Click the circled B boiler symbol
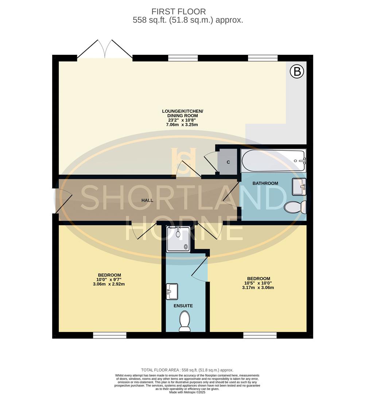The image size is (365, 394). [x=297, y=72]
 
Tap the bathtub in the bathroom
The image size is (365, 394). [x=273, y=161]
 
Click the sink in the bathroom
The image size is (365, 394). [x=299, y=187]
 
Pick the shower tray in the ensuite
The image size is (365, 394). [x=178, y=239]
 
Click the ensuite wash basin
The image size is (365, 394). [x=172, y=291]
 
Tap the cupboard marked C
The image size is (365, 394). [x=228, y=162]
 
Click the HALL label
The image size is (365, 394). [x=147, y=200]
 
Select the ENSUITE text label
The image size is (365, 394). [x=183, y=306]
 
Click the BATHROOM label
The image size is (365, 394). [x=265, y=183]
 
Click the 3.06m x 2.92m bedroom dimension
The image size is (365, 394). [x=109, y=284]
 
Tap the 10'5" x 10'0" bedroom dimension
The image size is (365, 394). [x=258, y=283]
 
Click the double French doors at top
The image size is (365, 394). [x=105, y=49]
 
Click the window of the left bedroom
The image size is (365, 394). [x=109, y=335]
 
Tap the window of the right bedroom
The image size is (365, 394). [x=260, y=335]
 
